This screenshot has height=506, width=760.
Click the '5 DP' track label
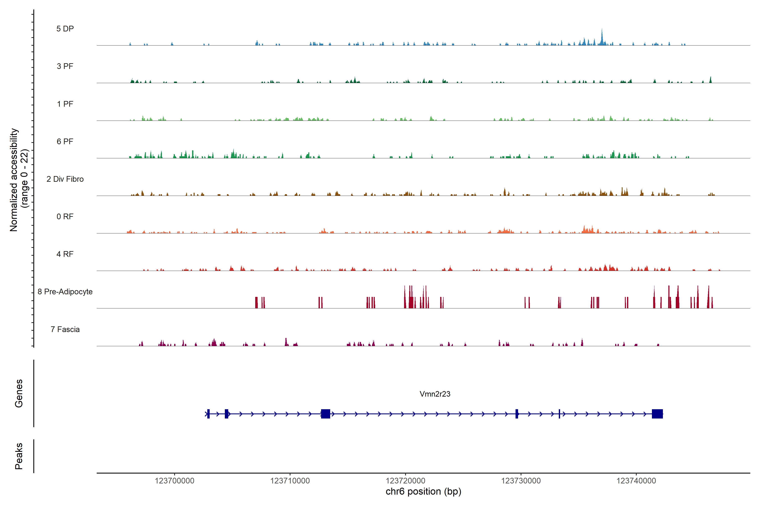(x=65, y=29)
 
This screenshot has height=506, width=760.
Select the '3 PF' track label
(x=65, y=66)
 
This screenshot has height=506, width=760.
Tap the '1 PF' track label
(x=65, y=104)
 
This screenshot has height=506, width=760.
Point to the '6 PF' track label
(x=65, y=141)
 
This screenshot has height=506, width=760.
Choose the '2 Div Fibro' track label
(x=65, y=179)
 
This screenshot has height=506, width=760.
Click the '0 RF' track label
(x=65, y=217)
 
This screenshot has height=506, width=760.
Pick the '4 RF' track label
(x=65, y=254)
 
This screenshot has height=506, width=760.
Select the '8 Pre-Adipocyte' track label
(x=65, y=292)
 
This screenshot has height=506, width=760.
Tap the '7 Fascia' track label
(x=65, y=329)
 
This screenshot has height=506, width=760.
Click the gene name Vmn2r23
(x=435, y=394)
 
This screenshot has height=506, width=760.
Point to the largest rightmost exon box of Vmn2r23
(x=657, y=414)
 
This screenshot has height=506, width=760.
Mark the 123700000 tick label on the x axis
(x=175, y=480)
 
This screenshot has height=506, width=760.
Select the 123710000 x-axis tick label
(x=290, y=480)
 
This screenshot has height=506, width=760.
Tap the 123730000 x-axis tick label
(x=521, y=480)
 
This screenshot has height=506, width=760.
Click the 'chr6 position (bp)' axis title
(x=423, y=491)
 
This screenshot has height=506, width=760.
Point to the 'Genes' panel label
(x=19, y=393)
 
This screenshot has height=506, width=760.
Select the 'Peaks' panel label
(x=19, y=456)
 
